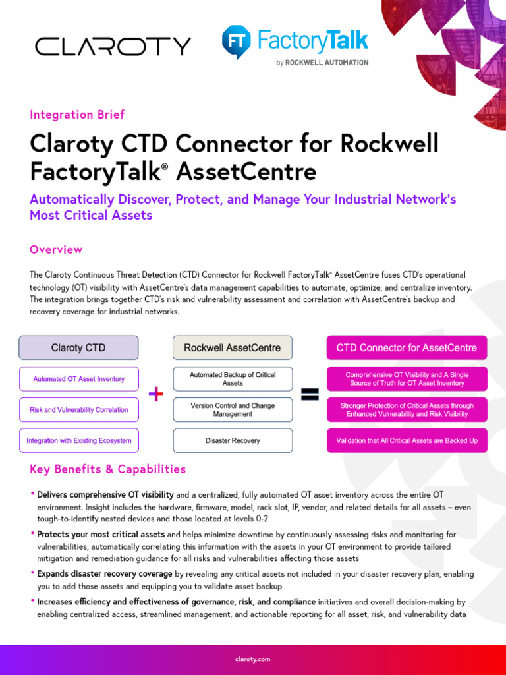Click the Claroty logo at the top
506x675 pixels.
click(113, 46)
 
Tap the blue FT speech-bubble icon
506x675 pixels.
click(235, 42)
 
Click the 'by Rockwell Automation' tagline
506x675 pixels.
click(322, 63)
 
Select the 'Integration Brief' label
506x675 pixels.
click(77, 115)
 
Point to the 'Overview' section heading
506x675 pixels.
click(56, 249)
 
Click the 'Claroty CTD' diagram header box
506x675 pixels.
click(78, 347)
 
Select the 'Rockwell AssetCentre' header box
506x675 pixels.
click(232, 347)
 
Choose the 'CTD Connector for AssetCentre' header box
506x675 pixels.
click(407, 347)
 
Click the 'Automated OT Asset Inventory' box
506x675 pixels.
click(78, 379)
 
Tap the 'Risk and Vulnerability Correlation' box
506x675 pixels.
click(78, 409)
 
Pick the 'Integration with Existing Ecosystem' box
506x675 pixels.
click(78, 440)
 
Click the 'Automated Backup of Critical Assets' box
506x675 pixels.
click(233, 379)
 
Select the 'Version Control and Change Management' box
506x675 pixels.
click(233, 409)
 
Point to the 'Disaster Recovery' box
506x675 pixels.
click(233, 440)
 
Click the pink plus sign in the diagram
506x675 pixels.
click(156, 394)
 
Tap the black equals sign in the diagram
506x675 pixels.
click(310, 394)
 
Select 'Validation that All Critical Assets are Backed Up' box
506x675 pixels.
click(407, 440)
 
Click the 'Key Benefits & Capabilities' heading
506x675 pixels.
click(108, 469)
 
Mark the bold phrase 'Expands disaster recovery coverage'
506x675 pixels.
click(105, 574)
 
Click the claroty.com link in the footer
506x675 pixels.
click(252, 659)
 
